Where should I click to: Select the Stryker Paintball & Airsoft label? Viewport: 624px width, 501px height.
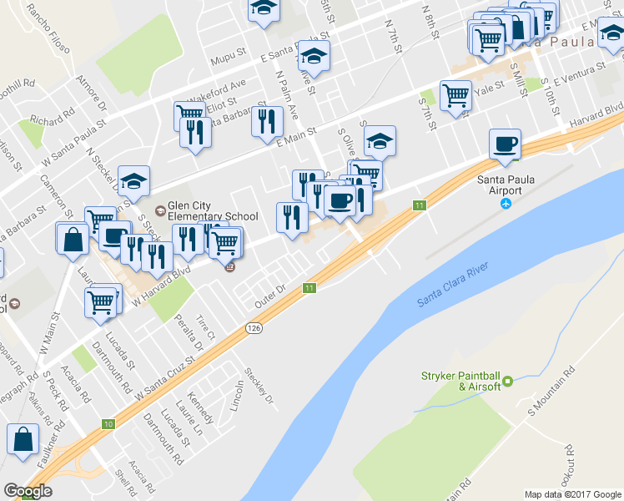pyautogui.click(x=462, y=380)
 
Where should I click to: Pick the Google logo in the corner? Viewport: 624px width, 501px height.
pyautogui.click(x=28, y=491)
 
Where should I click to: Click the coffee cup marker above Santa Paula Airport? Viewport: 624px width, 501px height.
pyautogui.click(x=505, y=144)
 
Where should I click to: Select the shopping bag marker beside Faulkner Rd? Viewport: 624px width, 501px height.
pyautogui.click(x=23, y=438)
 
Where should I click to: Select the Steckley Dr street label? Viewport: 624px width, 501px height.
pyautogui.click(x=259, y=386)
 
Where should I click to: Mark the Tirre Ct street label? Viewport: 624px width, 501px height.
pyautogui.click(x=205, y=329)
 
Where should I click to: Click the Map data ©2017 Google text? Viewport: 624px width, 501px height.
pyautogui.click(x=572, y=494)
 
